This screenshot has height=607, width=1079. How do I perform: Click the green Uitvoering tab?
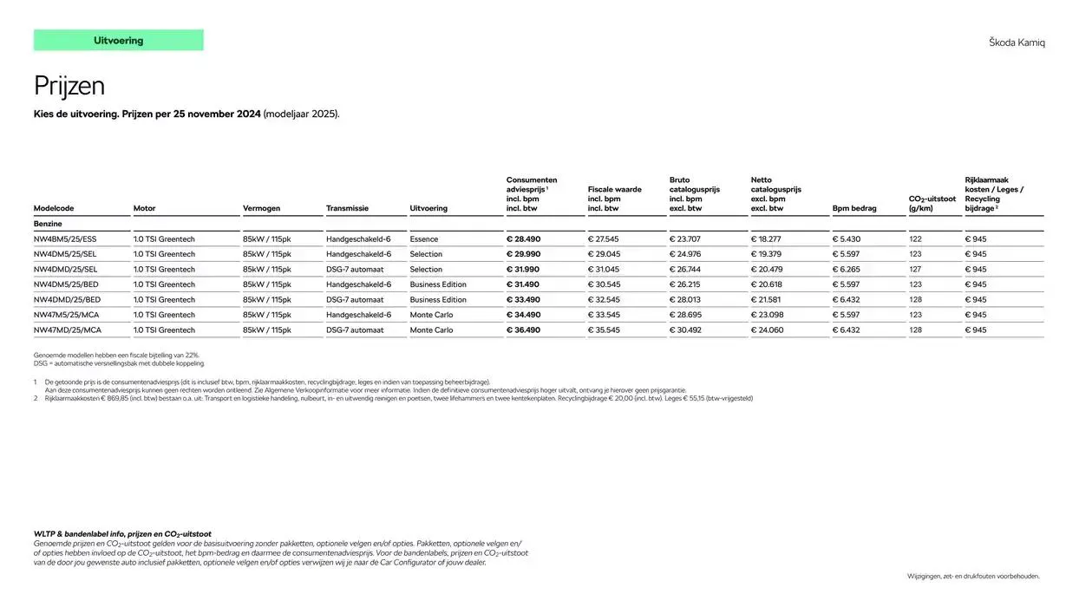[x=118, y=41]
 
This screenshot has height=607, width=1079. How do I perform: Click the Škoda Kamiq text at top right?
[x=1017, y=42]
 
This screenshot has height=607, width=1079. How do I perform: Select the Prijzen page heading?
[x=69, y=86]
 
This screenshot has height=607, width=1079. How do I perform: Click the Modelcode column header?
[x=54, y=208]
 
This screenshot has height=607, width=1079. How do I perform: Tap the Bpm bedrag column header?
[x=854, y=208]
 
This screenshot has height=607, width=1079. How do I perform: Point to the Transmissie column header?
[x=347, y=208]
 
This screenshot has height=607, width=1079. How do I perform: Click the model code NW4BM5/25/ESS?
[x=65, y=239]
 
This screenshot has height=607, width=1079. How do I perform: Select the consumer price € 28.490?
[x=523, y=239]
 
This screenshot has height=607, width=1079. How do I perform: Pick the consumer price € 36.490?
[x=523, y=330]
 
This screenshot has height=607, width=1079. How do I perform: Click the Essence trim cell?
[x=424, y=239]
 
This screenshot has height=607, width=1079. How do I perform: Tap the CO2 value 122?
[x=915, y=239]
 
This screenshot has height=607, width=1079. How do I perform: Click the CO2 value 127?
[x=915, y=270]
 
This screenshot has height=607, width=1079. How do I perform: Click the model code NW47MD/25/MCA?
[x=67, y=330]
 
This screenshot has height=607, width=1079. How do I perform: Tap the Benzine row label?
[x=48, y=224]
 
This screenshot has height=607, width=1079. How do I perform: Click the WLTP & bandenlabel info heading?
[x=122, y=534]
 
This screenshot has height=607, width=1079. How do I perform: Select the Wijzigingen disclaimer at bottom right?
[x=973, y=576]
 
